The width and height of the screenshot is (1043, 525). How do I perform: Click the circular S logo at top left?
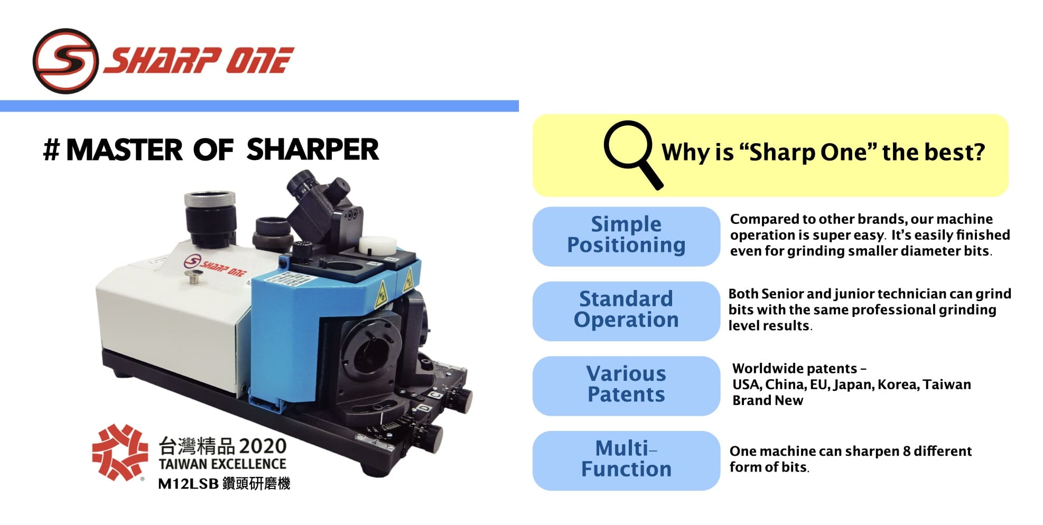point(66,61)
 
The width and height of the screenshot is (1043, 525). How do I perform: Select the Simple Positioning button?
point(626,236)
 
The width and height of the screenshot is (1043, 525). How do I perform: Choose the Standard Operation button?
point(626,311)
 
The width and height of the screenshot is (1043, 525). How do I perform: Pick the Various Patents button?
point(626,386)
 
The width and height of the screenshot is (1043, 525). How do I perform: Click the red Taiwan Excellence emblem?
point(120,452)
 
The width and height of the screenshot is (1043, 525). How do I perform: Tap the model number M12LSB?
point(188,484)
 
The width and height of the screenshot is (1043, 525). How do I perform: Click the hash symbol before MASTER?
point(51,150)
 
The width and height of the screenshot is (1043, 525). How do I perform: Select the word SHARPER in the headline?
point(312,149)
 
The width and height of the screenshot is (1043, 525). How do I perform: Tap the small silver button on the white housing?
point(195,276)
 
